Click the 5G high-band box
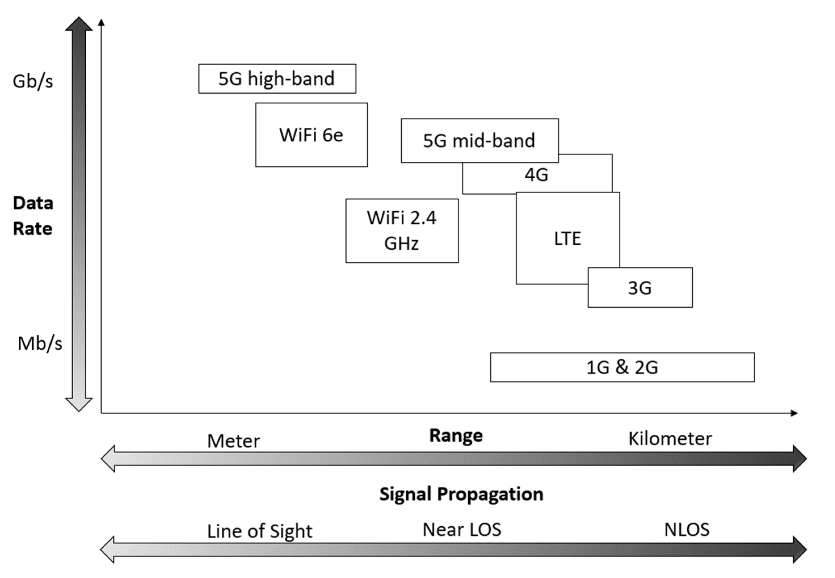click(277, 79)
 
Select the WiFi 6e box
click(311, 135)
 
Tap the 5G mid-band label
click(479, 140)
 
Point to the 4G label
click(536, 175)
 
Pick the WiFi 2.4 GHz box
click(402, 231)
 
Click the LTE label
click(567, 238)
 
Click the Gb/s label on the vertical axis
click(33, 81)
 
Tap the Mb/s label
click(40, 343)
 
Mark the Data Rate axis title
click(33, 216)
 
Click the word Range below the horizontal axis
click(456, 435)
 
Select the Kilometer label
click(670, 439)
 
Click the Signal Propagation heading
click(461, 494)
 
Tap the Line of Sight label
click(260, 531)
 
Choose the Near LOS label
click(462, 529)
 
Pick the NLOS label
click(687, 530)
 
